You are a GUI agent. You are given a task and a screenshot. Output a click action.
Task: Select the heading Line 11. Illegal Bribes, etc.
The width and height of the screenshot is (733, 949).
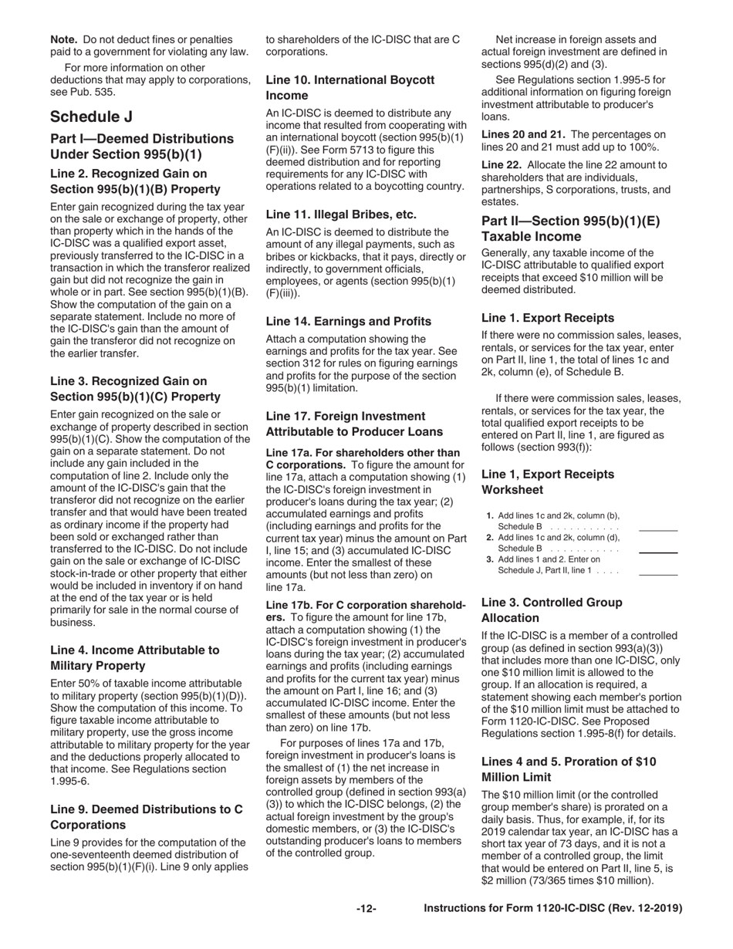point(340,214)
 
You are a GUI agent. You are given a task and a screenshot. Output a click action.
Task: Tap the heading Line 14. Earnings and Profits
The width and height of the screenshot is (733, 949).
point(348,321)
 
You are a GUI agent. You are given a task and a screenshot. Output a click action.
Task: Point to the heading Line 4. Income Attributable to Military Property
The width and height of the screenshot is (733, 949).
point(134,657)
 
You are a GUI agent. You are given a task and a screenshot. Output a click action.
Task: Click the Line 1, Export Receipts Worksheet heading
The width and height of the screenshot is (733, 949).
point(548,481)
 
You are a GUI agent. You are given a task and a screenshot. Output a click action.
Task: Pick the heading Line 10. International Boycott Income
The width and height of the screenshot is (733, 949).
point(350,87)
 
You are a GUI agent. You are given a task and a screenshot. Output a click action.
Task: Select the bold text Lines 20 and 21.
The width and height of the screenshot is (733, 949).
point(522,134)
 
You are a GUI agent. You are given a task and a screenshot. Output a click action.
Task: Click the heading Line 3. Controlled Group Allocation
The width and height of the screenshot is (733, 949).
point(551,610)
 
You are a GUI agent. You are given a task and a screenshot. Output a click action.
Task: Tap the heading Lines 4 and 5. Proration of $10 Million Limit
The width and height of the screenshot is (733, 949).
point(568,769)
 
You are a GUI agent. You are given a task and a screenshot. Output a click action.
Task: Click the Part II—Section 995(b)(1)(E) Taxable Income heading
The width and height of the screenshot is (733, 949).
point(570,228)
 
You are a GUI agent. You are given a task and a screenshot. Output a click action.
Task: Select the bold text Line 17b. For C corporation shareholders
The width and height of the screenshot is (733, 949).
point(363,584)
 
